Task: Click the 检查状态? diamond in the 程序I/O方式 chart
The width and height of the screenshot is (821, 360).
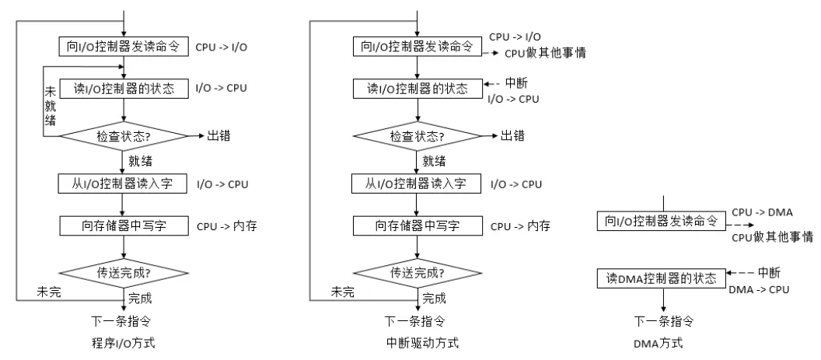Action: [125, 135]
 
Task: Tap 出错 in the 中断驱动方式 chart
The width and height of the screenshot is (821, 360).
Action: [512, 135]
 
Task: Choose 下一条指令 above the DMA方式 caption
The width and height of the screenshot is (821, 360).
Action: [663, 320]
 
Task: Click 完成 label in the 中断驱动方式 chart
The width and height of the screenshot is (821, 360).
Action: [435, 298]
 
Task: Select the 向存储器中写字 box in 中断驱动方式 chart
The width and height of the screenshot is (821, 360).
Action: [420, 225]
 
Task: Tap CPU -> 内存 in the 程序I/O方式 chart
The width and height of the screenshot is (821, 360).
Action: [227, 226]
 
